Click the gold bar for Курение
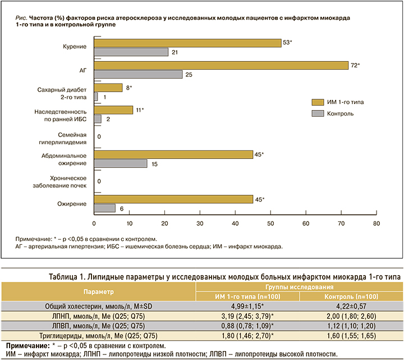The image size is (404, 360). point(187,43)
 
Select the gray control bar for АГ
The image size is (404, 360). point(138,74)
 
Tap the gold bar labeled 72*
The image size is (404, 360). point(221,65)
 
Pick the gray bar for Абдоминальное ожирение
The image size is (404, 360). point(121,163)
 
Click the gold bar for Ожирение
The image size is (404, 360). point(173,199)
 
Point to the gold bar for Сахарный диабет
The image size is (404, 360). point(108,88)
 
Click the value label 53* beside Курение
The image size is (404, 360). point(288,43)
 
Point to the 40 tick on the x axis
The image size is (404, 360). point(235,223)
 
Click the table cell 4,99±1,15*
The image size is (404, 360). point(248,306)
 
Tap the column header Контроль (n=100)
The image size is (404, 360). point(351,296)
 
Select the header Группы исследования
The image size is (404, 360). point(300,287)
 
